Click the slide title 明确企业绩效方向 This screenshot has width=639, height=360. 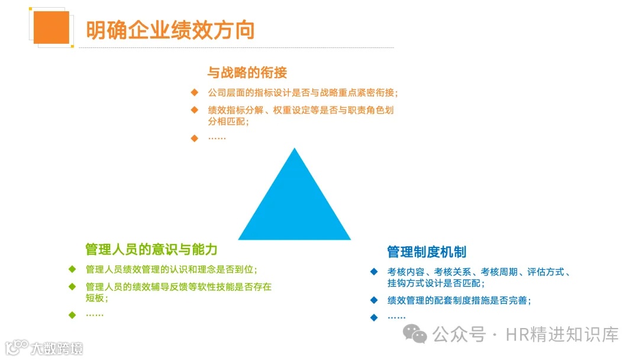click(170, 30)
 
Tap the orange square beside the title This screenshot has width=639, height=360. click(51, 27)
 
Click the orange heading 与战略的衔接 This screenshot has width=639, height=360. click(247, 73)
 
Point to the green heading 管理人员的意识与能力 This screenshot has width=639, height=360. click(151, 249)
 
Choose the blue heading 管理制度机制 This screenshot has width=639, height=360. click(427, 252)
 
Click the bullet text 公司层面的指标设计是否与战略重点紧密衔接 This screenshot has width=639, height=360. click(303, 93)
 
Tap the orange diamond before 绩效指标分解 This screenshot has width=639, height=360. click(194, 110)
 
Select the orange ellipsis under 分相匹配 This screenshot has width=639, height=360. click(217, 138)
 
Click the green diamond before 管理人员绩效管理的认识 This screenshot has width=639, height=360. click(72, 269)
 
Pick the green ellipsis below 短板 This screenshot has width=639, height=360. click(95, 314)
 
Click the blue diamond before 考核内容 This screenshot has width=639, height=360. click(374, 272)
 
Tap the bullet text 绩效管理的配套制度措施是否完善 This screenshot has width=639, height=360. click(459, 300)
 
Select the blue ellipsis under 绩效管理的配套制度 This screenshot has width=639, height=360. click(396, 317)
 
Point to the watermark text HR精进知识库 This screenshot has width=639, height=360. click(562, 335)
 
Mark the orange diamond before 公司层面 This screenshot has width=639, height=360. click(194, 93)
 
